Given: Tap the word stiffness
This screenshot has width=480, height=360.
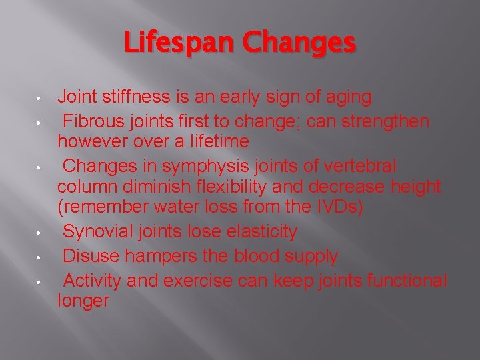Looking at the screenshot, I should pyautogui.click(x=137, y=98).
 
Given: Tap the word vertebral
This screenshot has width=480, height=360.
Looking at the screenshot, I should pyautogui.click(x=359, y=165).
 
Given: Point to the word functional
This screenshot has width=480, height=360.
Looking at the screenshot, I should pyautogui.click(x=407, y=280).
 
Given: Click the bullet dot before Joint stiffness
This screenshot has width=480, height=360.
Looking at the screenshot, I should pyautogui.click(x=40, y=99).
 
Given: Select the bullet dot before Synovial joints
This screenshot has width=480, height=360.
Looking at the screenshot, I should pyautogui.click(x=40, y=233).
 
